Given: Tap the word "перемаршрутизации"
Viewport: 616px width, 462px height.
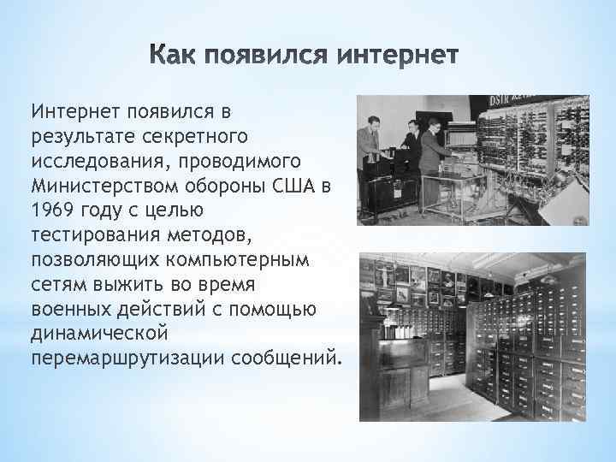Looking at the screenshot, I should coord(128,353).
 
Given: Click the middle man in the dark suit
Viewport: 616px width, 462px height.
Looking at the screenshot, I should coord(412,154).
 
